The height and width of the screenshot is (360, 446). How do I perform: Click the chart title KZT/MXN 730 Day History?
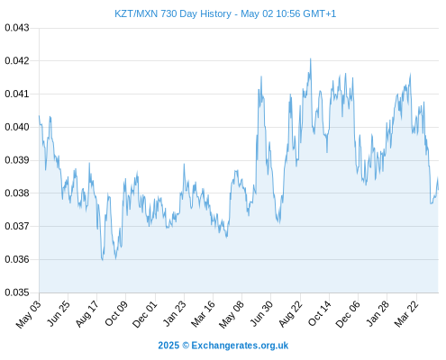click(173, 13)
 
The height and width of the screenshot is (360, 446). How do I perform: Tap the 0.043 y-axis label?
click(17, 28)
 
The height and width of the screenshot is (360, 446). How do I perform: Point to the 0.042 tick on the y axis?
click(17, 61)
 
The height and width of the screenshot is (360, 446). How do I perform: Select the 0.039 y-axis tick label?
click(17, 160)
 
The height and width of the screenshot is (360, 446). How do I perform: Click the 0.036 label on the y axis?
click(17, 259)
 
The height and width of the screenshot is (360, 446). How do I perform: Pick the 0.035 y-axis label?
click(17, 292)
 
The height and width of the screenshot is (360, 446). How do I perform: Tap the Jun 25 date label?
click(59, 313)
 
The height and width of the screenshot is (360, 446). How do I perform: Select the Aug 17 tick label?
click(86, 313)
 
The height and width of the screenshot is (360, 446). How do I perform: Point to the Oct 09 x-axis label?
click(116, 313)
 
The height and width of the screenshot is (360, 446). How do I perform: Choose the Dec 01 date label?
click(145, 314)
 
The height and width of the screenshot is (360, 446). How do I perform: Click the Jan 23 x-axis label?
click(175, 313)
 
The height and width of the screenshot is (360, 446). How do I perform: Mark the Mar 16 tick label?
click(204, 313)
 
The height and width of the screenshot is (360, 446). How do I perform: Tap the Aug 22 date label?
click(290, 313)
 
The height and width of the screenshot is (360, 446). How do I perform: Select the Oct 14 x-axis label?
click(320, 313)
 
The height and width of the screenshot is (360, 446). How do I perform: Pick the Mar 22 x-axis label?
click(406, 313)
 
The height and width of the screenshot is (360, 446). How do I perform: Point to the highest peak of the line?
click(311, 58)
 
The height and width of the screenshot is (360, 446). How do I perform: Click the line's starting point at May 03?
click(39, 116)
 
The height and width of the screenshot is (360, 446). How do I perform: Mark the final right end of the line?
click(438, 190)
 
